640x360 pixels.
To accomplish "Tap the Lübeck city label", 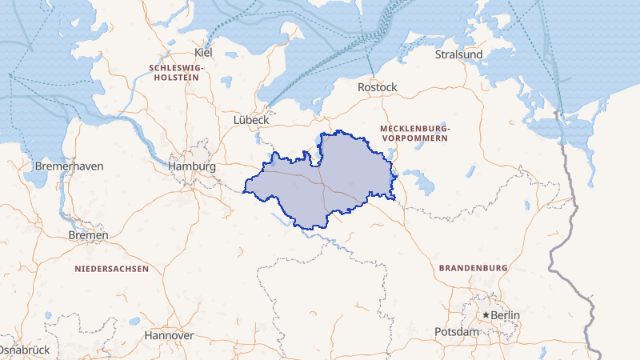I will [250, 119].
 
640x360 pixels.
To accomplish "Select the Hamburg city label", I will [193, 166].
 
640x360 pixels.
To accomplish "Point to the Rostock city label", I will [378, 86].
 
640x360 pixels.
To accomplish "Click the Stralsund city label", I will [458, 54].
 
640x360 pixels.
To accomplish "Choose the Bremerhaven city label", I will [70, 166].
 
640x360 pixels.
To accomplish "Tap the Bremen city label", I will [89, 236].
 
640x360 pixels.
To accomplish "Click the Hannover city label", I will [169, 335].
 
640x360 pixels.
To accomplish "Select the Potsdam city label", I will [456, 331].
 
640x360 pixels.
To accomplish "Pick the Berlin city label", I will [505, 315].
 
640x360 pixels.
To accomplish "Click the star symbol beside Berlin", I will [486, 315].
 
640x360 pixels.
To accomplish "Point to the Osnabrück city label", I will [24, 350].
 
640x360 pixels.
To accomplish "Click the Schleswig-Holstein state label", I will [177, 74].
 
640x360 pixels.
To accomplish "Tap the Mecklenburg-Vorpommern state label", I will [415, 134].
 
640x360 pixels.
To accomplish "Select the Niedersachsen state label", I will [112, 269].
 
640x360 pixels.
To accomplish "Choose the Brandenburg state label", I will [474, 267].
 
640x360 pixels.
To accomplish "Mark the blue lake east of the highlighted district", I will [421, 184].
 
